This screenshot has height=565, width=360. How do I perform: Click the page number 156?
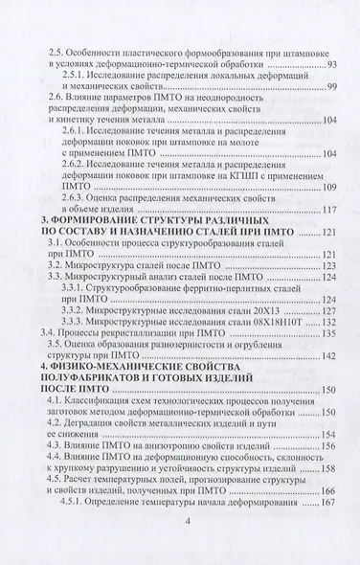pos(321,483)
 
